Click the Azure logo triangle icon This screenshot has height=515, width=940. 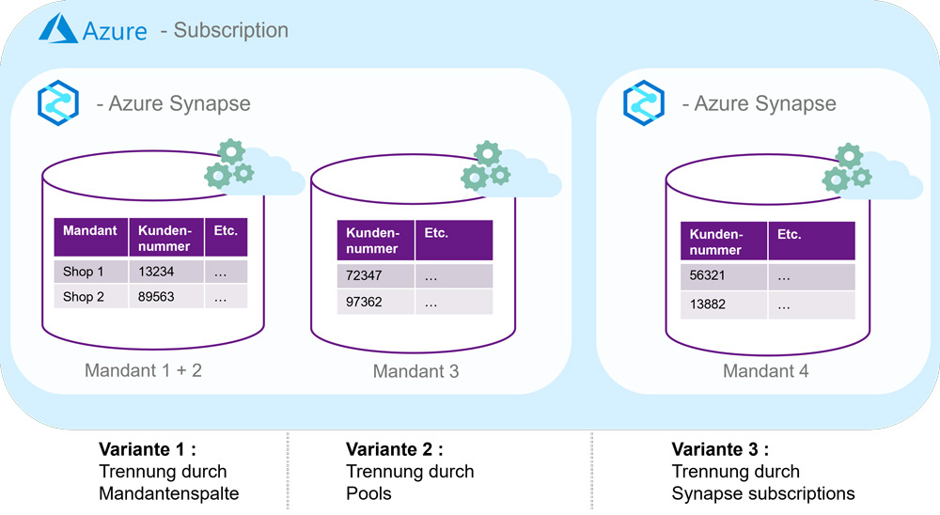point(57,30)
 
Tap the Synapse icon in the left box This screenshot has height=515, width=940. point(57,103)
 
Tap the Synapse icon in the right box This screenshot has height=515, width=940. point(644,101)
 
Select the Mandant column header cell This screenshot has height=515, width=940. point(90,238)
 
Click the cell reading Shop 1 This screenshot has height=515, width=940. point(85,272)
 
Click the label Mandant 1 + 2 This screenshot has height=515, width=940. point(143,369)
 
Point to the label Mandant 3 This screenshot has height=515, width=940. point(415,371)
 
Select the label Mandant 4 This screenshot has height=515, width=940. point(765,371)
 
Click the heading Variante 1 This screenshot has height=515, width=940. point(148,449)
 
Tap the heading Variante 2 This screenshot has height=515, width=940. point(394,449)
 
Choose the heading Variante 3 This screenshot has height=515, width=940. point(720,449)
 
